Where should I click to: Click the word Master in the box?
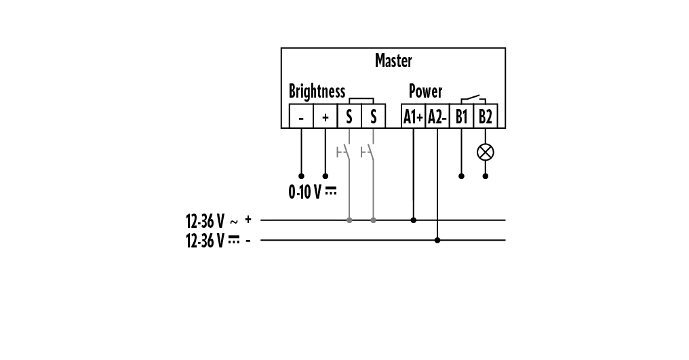393,61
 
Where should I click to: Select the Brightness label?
317,91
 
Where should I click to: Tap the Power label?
425,91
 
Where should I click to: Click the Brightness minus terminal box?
301,117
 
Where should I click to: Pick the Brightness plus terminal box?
325,117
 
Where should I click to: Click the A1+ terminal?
414,117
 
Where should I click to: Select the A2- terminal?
437,117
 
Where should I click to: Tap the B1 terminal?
462,117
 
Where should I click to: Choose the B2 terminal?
486,117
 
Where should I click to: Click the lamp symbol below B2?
486,151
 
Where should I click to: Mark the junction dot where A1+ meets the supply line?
414,220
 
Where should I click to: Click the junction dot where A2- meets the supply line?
437,240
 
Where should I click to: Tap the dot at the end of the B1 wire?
462,176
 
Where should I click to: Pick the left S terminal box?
349,117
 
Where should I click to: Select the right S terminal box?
373,117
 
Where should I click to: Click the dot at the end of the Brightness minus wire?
301,176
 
